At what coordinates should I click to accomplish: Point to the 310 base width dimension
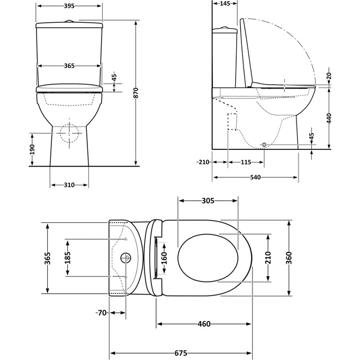[x=69, y=185]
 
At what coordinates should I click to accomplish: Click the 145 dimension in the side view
[x=224, y=4]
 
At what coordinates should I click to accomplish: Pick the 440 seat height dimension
[x=329, y=119]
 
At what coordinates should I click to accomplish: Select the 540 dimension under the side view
[x=255, y=177]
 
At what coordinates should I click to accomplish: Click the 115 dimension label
[x=246, y=162]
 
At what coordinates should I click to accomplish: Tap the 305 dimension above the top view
[x=208, y=201]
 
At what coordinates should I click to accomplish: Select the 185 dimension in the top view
[x=67, y=257]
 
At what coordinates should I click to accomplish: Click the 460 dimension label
[x=204, y=324]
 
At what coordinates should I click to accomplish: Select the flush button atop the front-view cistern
[x=69, y=21]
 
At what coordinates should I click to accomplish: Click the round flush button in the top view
[x=126, y=258]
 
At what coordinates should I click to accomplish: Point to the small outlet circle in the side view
[x=264, y=145]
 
